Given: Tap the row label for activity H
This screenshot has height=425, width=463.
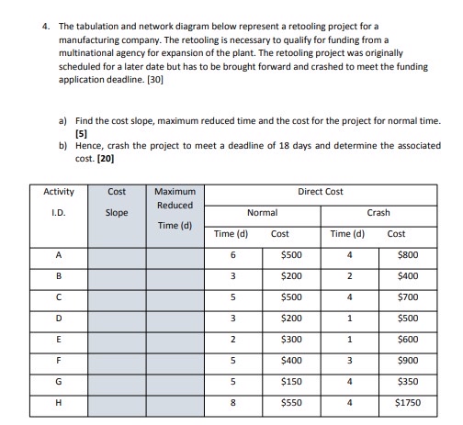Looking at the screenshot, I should pos(58,400).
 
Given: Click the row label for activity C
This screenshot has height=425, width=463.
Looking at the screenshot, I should pos(58,296).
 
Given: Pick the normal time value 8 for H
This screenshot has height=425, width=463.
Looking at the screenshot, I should pos(232,400).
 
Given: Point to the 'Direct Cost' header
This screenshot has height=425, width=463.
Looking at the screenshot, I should pos(321,192).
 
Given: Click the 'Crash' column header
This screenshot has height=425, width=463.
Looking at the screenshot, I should pos(378,213).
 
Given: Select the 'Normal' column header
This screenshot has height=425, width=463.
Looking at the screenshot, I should pos(262,213).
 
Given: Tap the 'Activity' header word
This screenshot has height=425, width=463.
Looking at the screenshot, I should pos(59,192).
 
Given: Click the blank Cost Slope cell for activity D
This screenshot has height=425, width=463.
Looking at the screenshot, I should pos(117,318).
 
